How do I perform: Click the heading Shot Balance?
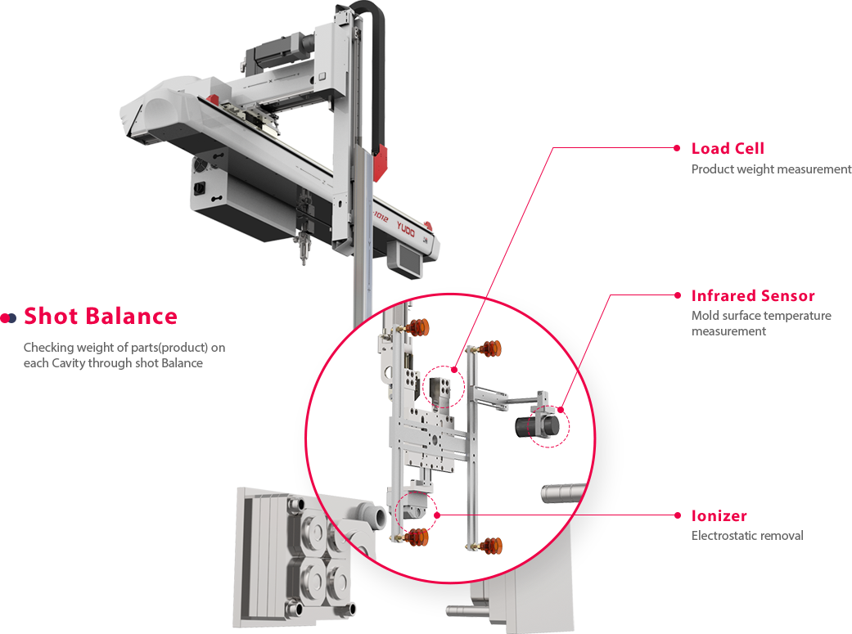[101, 317]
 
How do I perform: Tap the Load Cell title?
[728, 148]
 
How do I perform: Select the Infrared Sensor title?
[753, 295]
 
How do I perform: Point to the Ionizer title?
[719, 515]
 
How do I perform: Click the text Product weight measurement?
[772, 169]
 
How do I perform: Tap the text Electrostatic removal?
[747, 536]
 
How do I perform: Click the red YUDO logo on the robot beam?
[405, 229]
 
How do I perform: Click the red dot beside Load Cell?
[677, 148]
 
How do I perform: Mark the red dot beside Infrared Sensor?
[677, 295]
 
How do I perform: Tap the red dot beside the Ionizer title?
[677, 515]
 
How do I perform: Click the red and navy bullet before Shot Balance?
[8, 317]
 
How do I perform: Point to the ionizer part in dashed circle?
[414, 508]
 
